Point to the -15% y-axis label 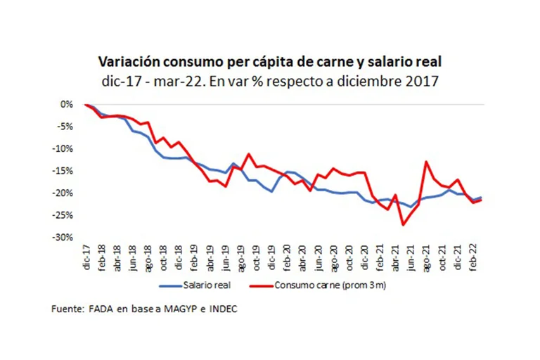[65, 171]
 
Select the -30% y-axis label [65, 238]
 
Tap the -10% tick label [65, 148]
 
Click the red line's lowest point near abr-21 [403, 224]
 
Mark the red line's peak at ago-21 [426, 162]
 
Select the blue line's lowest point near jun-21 [411, 207]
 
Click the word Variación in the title [124, 62]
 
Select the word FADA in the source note [98, 309]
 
